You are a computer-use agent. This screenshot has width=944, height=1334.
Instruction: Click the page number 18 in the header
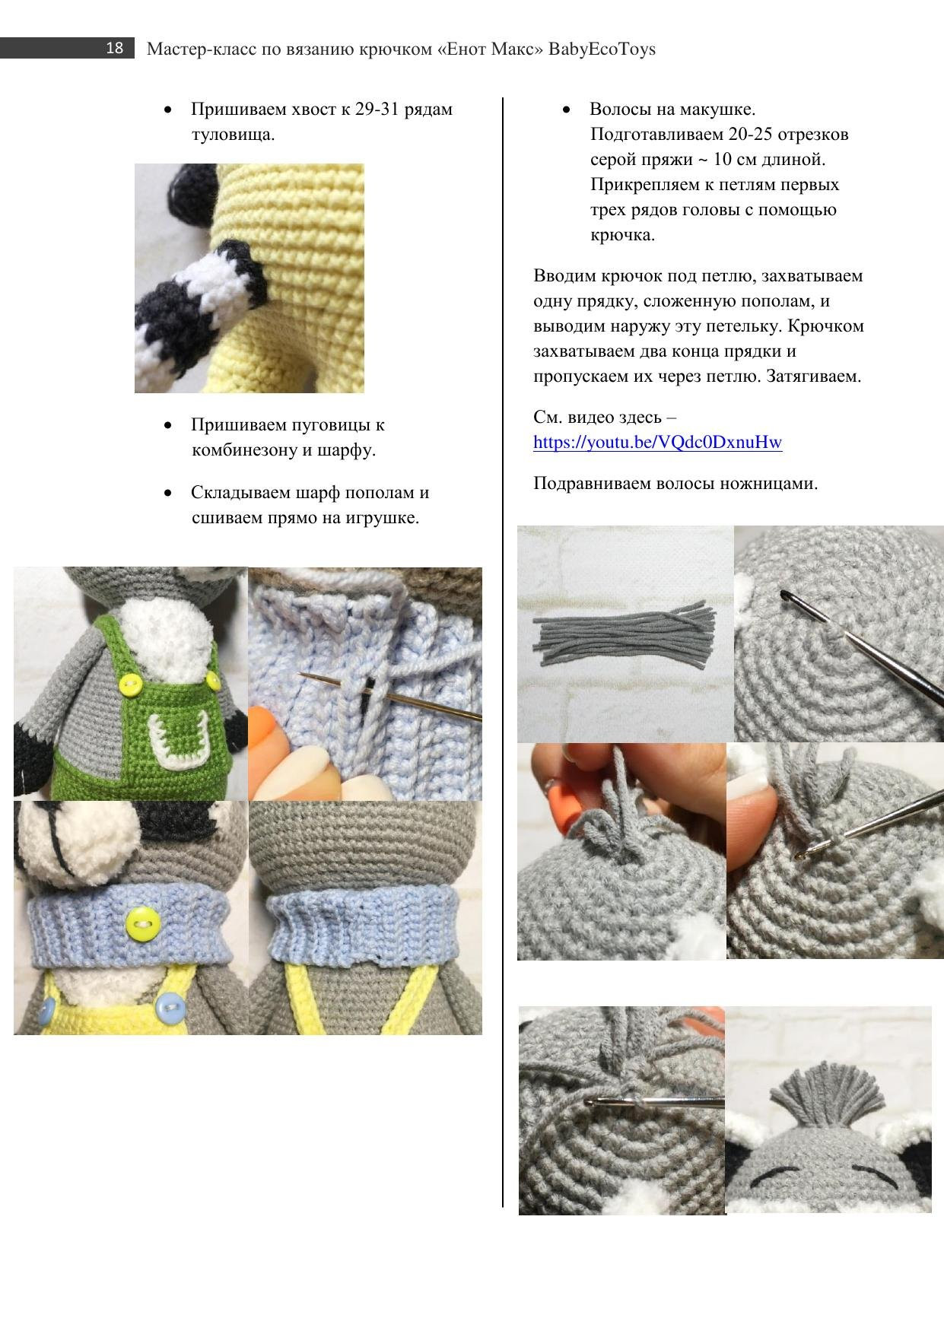(x=114, y=49)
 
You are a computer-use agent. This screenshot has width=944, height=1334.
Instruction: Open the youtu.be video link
(x=657, y=443)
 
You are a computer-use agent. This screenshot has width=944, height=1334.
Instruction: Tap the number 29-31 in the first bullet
(x=377, y=110)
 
